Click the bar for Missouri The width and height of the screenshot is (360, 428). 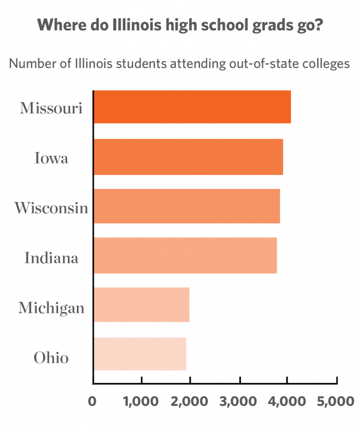192,107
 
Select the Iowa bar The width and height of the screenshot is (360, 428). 188,157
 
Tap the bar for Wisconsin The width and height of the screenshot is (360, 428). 186,206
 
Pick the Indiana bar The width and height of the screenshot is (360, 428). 185,256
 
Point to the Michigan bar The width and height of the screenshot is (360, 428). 141,305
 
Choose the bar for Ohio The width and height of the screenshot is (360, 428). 140,354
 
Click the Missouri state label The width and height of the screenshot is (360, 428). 51,108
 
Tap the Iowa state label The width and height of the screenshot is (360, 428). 51,158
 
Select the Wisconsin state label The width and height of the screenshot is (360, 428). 51,208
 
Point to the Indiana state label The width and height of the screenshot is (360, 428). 51,258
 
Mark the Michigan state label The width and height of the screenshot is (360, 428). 51,308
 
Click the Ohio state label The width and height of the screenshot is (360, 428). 51,357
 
